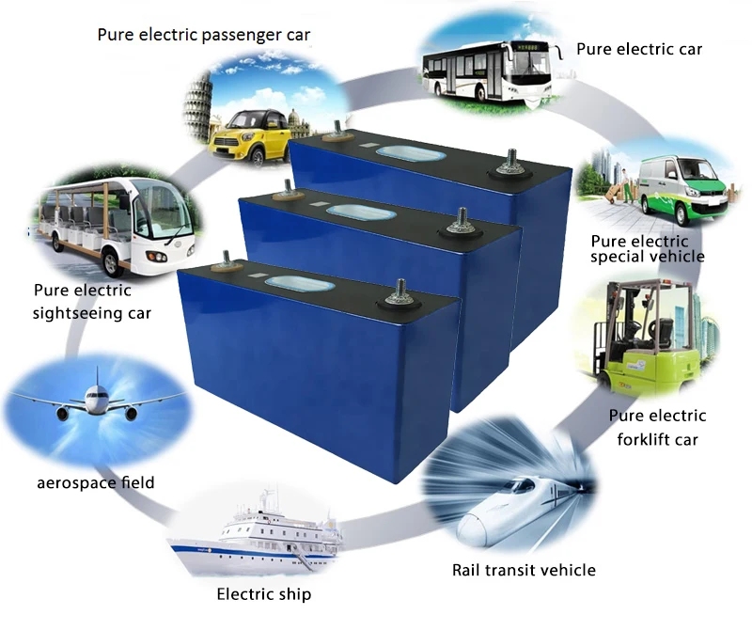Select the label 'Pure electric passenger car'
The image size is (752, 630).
pyautogui.click(x=204, y=35)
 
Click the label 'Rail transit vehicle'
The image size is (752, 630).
pyautogui.click(x=524, y=570)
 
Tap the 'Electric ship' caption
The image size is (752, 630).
pyautogui.click(x=264, y=593)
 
